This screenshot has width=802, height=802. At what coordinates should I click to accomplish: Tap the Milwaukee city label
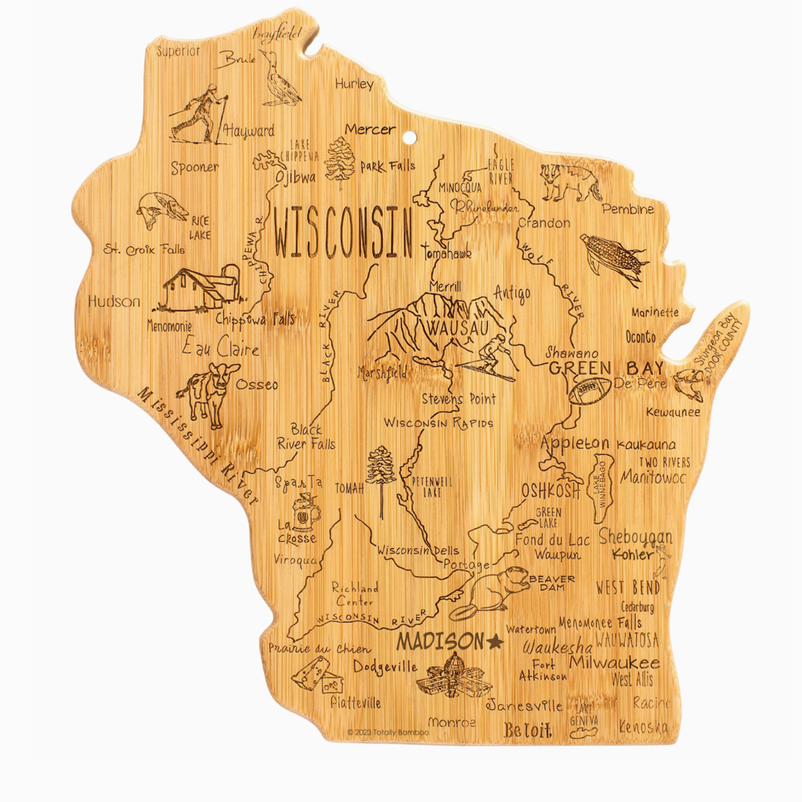click(614, 663)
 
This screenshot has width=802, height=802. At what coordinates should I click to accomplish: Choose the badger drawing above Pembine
click(571, 181)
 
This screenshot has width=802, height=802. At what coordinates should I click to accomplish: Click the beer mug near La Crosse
click(306, 513)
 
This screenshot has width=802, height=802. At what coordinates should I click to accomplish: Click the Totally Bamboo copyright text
click(388, 732)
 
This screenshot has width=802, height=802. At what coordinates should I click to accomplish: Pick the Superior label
click(179, 51)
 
